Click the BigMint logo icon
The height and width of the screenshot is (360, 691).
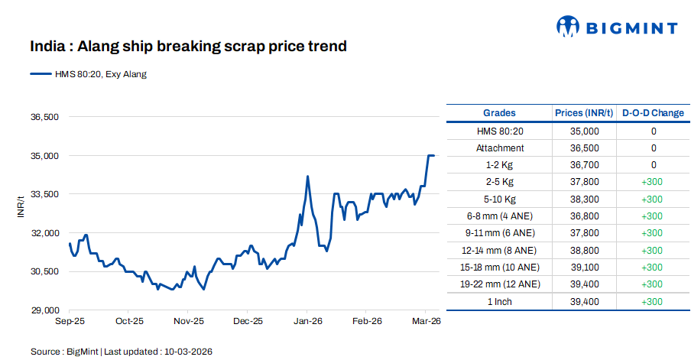568,28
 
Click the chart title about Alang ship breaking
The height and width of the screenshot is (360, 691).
188,47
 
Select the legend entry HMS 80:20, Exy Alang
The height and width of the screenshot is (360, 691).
88,74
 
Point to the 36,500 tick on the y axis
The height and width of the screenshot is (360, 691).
44,117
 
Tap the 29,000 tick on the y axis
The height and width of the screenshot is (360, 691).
44,310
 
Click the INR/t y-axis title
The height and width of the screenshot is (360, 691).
21,207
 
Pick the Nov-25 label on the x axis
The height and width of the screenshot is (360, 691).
188,322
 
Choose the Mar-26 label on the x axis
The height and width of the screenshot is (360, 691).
426,322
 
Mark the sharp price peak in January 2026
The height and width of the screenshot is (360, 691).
307,177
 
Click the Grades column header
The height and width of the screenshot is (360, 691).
499,113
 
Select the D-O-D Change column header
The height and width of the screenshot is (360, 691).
653,113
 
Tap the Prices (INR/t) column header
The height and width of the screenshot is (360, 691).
584,113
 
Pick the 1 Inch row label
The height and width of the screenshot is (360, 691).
499,302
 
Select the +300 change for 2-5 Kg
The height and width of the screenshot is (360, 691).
653,182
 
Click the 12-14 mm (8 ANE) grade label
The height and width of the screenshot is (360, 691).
499,251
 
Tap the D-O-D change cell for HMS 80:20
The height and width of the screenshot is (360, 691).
653,131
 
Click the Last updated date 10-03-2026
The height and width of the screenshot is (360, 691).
187,352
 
